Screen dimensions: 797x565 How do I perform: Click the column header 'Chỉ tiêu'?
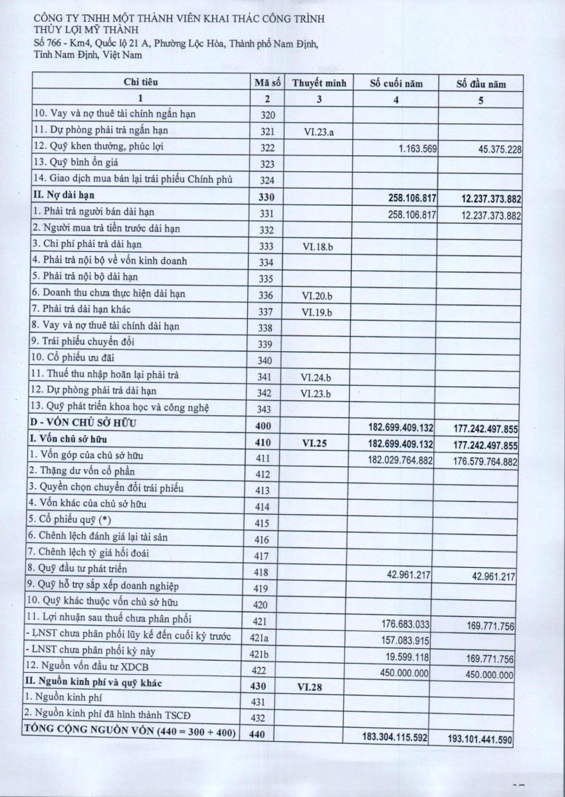click(140, 83)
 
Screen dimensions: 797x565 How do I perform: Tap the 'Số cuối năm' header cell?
click(396, 84)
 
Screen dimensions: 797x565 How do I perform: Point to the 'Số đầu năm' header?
click(481, 84)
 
